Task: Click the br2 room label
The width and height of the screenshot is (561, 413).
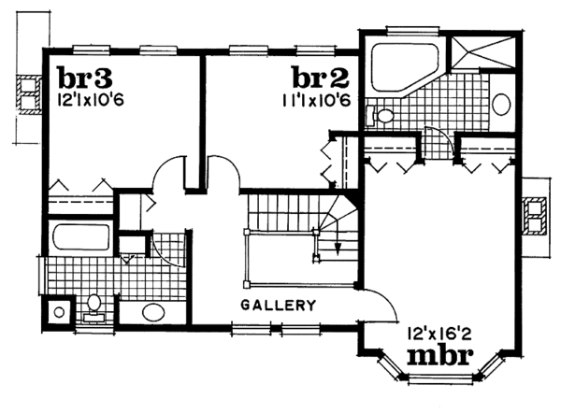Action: [321, 76]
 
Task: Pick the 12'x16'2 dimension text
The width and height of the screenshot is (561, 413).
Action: [438, 332]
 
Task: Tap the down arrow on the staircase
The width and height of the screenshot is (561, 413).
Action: [336, 245]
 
